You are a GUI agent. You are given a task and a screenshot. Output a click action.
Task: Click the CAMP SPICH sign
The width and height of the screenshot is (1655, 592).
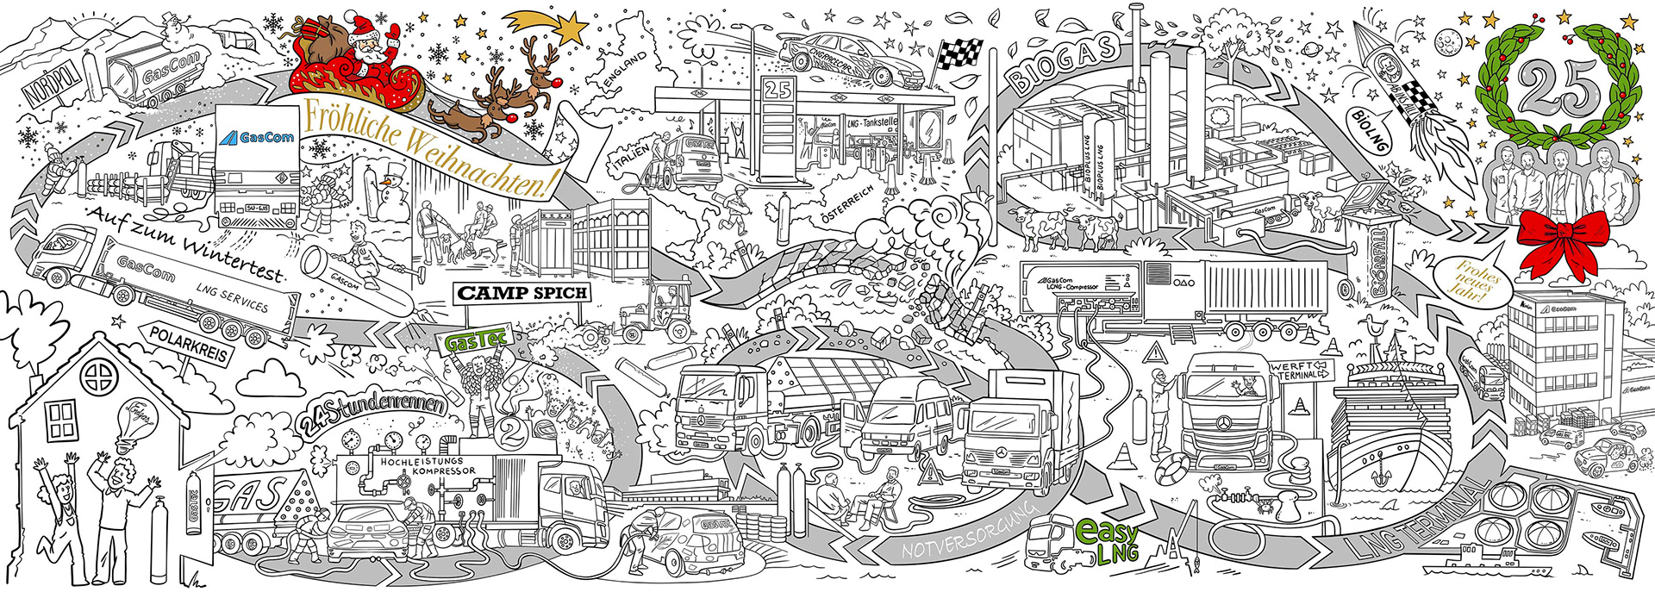522,292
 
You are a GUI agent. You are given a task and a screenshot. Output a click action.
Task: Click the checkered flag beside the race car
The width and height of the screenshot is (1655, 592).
959,53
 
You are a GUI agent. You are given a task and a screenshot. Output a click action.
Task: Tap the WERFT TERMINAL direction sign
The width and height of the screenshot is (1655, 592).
1299,371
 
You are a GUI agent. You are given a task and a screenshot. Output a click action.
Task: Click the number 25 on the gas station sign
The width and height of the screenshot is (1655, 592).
778,90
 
